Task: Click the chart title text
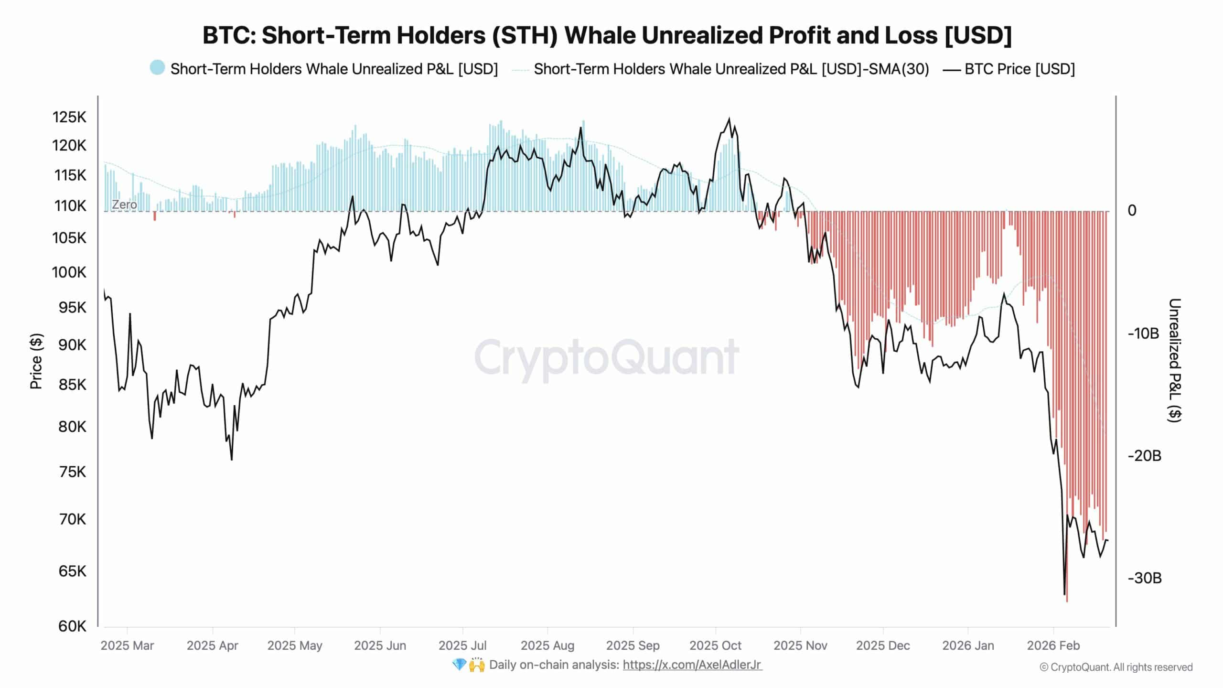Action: [x=607, y=35]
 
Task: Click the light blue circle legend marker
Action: [x=157, y=68]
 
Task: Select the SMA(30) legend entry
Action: [x=731, y=69]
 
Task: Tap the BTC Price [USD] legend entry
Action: [x=1019, y=69]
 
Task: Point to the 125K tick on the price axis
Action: [x=69, y=117]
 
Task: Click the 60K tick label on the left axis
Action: [x=72, y=626]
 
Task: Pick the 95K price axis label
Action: [x=72, y=307]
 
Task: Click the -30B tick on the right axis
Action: [x=1144, y=578]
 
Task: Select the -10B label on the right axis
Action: [x=1143, y=333]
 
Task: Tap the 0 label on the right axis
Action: [x=1132, y=211]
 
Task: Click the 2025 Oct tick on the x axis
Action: [x=715, y=645]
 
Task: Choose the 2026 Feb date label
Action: [x=1053, y=645]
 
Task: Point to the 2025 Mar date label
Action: [x=127, y=645]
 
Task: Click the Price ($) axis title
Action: [x=36, y=361]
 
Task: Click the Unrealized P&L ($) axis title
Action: [x=1174, y=360]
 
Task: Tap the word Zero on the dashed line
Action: [x=124, y=204]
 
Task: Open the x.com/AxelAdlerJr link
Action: [x=692, y=665]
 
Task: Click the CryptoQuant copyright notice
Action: [x=1116, y=667]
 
